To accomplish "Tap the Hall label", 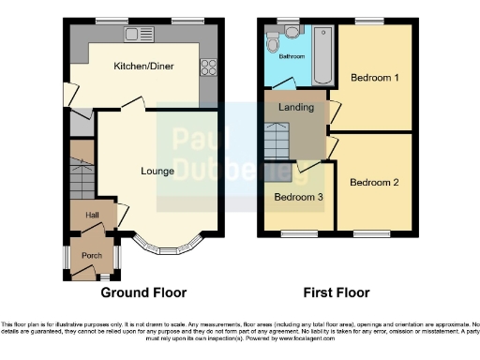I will (x=93, y=216).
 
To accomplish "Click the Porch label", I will (x=92, y=256).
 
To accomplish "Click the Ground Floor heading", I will (x=143, y=292).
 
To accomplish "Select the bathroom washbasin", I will (x=292, y=32).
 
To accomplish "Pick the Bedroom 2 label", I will (x=374, y=182).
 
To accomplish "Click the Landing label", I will (x=296, y=108).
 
